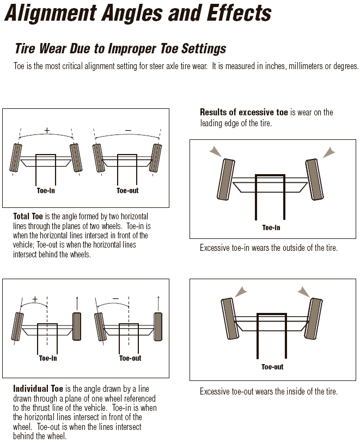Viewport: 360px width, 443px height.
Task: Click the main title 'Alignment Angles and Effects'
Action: (137, 13)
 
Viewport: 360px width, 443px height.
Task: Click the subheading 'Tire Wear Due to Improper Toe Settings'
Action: (120, 48)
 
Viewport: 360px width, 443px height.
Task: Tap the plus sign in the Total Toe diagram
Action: (47, 130)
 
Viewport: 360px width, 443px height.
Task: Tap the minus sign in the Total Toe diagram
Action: (128, 130)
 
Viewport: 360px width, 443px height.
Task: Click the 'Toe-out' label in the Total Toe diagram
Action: (128, 191)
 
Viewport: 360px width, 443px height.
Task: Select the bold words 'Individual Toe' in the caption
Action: (38, 389)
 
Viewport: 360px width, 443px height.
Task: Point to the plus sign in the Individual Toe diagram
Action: (35, 299)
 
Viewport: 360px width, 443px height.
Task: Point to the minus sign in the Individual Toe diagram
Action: (115, 299)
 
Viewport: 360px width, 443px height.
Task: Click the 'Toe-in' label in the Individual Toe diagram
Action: (48, 358)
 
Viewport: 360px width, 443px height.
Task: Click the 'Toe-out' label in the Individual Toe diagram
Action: (130, 358)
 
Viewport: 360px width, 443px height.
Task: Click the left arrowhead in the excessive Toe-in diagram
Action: (217, 151)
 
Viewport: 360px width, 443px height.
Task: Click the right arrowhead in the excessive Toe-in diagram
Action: (329, 151)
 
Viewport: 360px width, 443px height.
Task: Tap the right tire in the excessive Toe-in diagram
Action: (314, 179)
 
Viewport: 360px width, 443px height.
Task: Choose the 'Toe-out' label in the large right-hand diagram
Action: (272, 367)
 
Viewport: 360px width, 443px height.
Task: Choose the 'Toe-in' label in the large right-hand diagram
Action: (271, 227)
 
